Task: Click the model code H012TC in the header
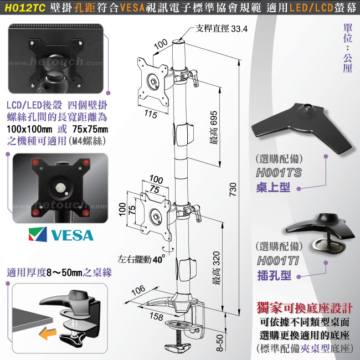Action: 25,8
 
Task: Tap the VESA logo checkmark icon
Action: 38,234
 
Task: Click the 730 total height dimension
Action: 233,189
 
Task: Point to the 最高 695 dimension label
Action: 214,127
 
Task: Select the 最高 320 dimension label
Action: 216,268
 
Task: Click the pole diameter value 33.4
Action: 239,29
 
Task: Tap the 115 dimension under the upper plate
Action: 151,114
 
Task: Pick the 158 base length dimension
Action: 156,317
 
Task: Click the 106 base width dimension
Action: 138,290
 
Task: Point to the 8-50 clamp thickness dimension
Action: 220,343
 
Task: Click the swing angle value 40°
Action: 158,259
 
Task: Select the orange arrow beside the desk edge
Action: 48,333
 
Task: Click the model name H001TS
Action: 279,173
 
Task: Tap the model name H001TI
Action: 278,261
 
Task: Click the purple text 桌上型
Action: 273,187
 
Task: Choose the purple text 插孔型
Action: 274,275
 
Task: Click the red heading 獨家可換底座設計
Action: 305,308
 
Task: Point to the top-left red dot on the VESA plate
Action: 35,162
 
